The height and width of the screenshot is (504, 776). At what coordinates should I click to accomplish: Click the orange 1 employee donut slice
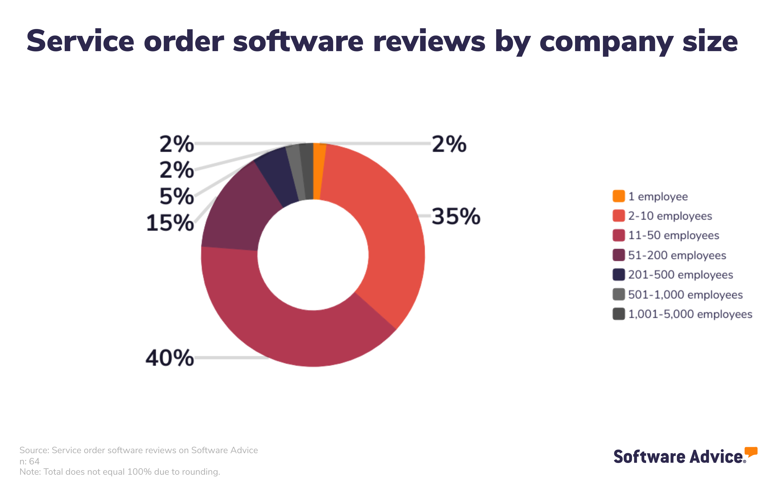click(318, 171)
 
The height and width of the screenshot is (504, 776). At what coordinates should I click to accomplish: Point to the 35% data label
click(456, 216)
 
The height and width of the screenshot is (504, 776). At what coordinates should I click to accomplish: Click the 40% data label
click(170, 358)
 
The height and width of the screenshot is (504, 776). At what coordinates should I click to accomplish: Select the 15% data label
click(170, 223)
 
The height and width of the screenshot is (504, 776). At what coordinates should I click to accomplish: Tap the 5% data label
click(176, 196)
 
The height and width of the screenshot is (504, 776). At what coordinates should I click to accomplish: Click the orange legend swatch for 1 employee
click(619, 196)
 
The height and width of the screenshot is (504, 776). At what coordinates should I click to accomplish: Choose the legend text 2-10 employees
click(670, 216)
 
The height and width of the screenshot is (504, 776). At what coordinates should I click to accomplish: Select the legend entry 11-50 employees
click(673, 235)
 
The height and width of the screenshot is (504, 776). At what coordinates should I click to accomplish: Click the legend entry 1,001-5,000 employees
click(690, 314)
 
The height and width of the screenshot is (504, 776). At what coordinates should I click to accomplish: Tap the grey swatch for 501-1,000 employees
click(619, 294)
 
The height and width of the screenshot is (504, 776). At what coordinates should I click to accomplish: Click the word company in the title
click(606, 42)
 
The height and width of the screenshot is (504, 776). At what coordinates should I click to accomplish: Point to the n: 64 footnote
click(29, 461)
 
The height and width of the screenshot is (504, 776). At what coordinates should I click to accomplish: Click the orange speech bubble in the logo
click(751, 451)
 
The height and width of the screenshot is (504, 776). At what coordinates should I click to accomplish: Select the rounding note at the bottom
click(120, 472)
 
